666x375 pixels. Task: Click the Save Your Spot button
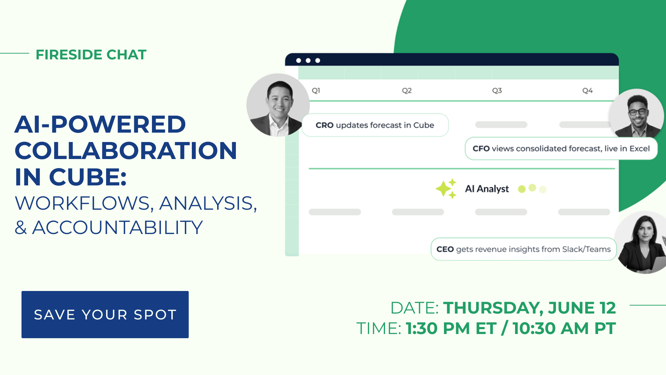click(105, 315)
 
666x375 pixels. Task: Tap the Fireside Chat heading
click(91, 55)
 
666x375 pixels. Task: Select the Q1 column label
click(316, 91)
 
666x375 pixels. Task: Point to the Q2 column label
click(407, 91)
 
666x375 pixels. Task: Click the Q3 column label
click(497, 91)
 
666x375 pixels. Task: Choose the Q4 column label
click(587, 91)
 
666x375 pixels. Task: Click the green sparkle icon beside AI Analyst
click(446, 189)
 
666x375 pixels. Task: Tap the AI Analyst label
click(487, 189)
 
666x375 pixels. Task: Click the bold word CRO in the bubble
click(324, 125)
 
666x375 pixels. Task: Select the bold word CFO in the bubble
click(481, 149)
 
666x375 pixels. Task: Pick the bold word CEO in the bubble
click(445, 249)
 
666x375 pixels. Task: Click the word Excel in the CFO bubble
click(640, 149)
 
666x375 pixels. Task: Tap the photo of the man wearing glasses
click(637, 115)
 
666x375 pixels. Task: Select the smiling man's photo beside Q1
click(278, 105)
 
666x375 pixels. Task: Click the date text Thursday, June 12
click(529, 308)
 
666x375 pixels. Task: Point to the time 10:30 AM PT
click(564, 328)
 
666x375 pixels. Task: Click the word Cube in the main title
click(88, 177)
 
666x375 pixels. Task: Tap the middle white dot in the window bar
click(308, 60)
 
